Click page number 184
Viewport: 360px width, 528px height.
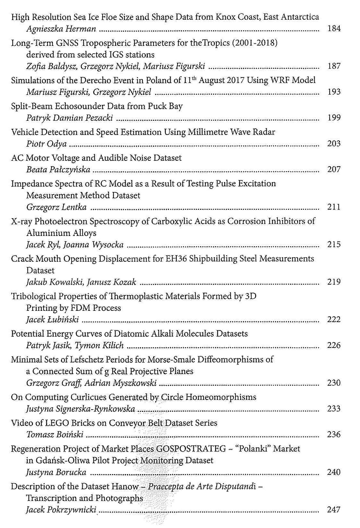pyautogui.click(x=334, y=28)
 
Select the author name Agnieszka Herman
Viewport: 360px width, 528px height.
pyautogui.click(x=61, y=29)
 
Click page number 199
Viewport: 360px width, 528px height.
pyautogui.click(x=334, y=117)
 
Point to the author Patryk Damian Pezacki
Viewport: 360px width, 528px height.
pyautogui.click(x=70, y=118)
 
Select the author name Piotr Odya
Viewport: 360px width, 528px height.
pyautogui.click(x=46, y=144)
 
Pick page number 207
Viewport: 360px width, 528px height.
pyautogui.click(x=334, y=169)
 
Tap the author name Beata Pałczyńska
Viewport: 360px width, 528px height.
pyautogui.click(x=58, y=169)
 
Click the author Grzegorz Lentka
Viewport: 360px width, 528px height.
pyautogui.click(x=56, y=207)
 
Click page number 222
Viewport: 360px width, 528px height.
pyautogui.click(x=334, y=319)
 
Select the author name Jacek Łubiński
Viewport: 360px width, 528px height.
pyautogui.click(x=53, y=320)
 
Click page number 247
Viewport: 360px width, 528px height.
pyautogui.click(x=334, y=510)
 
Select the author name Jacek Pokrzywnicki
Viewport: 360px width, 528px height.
pyautogui.click(x=61, y=510)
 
